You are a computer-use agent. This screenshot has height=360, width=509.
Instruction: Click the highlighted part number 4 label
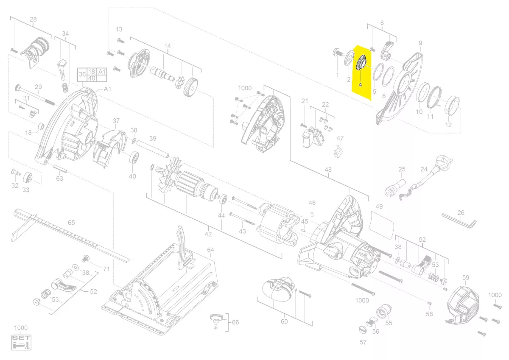tap(360, 85)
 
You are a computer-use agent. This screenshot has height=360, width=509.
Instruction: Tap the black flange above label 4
tap(361, 63)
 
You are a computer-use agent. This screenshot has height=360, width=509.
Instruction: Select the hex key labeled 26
tap(459, 220)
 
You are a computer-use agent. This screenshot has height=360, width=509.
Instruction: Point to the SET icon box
tap(21, 343)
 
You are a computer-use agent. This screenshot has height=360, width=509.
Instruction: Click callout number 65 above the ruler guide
tap(71, 222)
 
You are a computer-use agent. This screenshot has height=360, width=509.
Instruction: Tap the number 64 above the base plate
tap(210, 250)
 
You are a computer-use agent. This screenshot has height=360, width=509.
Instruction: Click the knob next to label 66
tap(215, 318)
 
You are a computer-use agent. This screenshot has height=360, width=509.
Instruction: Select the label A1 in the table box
tap(102, 72)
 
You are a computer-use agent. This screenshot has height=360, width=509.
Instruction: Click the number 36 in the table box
tap(82, 75)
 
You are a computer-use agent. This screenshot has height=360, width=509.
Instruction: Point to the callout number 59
tap(466, 277)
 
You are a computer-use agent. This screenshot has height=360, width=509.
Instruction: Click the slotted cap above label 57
tap(363, 329)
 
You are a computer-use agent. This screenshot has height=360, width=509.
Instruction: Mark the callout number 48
tap(328, 170)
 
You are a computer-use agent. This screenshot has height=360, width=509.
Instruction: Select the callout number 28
tap(33, 20)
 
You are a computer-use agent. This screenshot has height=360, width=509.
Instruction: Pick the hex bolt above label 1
tap(338, 53)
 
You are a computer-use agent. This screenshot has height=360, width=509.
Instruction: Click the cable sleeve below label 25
tap(395, 188)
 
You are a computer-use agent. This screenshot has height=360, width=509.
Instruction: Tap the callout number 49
tap(379, 207)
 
